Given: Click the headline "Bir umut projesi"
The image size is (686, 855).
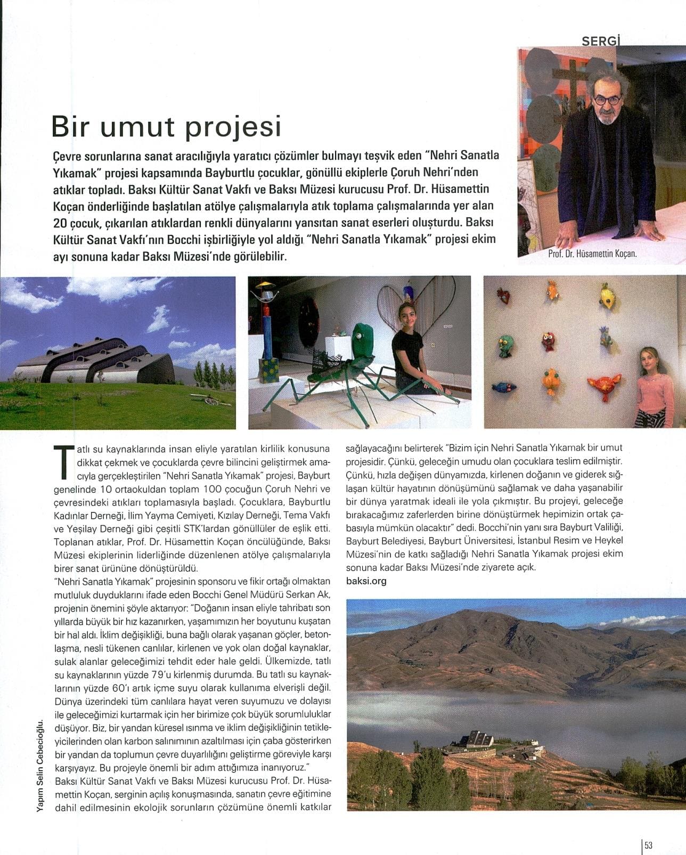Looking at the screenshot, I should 166,127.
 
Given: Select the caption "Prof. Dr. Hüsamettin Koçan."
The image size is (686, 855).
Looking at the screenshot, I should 592,254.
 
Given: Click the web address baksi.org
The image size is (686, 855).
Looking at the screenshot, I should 366,581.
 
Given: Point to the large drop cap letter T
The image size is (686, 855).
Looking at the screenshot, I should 64,461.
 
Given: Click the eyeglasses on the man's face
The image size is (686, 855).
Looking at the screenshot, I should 607,100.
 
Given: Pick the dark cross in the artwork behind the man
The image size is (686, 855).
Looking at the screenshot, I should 571,80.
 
